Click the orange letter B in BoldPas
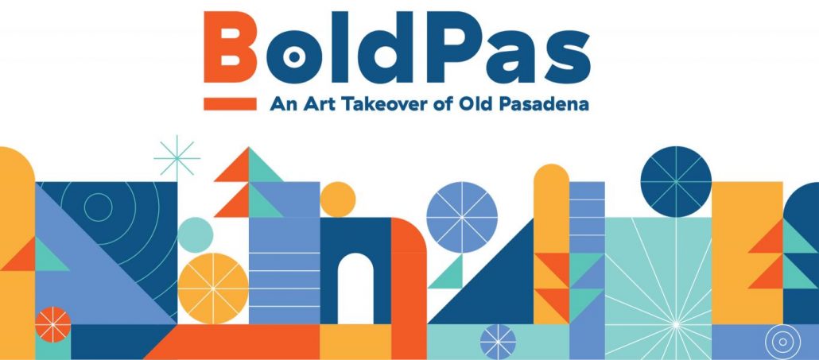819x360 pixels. click(x=230, y=47)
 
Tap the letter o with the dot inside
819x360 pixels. click(x=294, y=57)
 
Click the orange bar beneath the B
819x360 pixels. click(x=230, y=104)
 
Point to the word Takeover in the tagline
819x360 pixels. click(x=390, y=104)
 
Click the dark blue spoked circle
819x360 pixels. click(x=676, y=181)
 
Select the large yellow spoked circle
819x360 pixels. click(x=213, y=288)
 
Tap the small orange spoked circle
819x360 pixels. click(x=52, y=324)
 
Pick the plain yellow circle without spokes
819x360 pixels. click(x=338, y=199)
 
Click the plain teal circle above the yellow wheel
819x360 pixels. click(x=196, y=235)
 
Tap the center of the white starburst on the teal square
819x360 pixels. click(x=676, y=324)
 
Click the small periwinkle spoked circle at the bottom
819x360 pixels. click(x=498, y=342)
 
